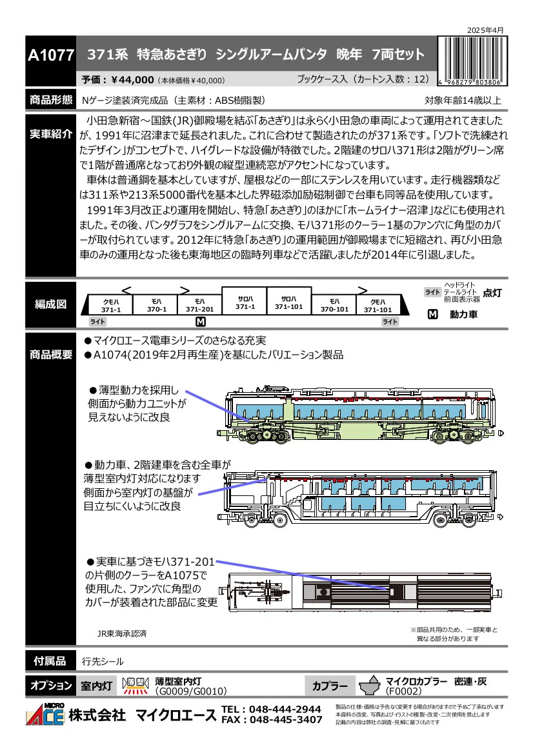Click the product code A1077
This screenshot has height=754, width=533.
(51, 55)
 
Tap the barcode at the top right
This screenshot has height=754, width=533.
(472, 61)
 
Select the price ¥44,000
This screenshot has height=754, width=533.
(132, 80)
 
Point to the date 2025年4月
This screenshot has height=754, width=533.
(485, 30)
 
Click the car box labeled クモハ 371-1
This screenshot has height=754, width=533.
(109, 305)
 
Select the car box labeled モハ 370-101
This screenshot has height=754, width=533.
(334, 305)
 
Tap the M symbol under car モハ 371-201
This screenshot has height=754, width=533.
(201, 322)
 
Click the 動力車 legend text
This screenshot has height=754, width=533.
(464, 315)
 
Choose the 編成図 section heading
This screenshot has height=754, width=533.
(50, 304)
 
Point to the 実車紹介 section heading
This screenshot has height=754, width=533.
(50, 134)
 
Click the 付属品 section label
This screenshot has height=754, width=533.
(50, 661)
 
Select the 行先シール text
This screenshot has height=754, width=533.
(103, 662)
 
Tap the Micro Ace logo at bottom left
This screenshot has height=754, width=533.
(45, 714)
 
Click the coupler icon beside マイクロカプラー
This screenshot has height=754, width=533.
(370, 686)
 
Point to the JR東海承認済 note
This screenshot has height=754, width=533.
(122, 634)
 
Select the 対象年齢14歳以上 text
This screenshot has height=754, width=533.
(463, 101)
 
